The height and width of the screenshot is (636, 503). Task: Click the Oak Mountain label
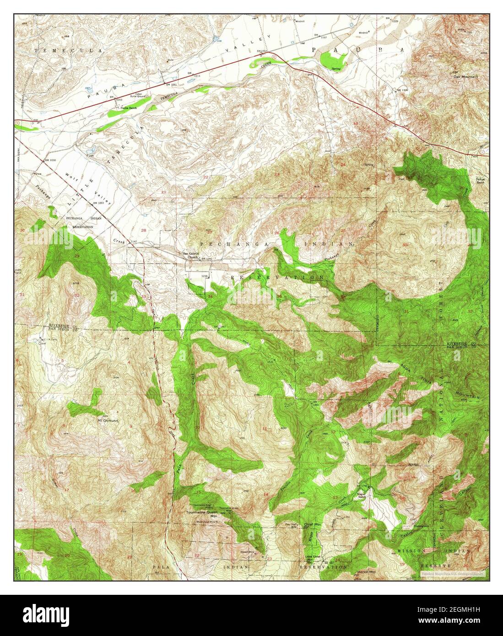[x=465, y=76]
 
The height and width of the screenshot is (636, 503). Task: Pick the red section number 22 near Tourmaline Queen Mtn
[x=196, y=555]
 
